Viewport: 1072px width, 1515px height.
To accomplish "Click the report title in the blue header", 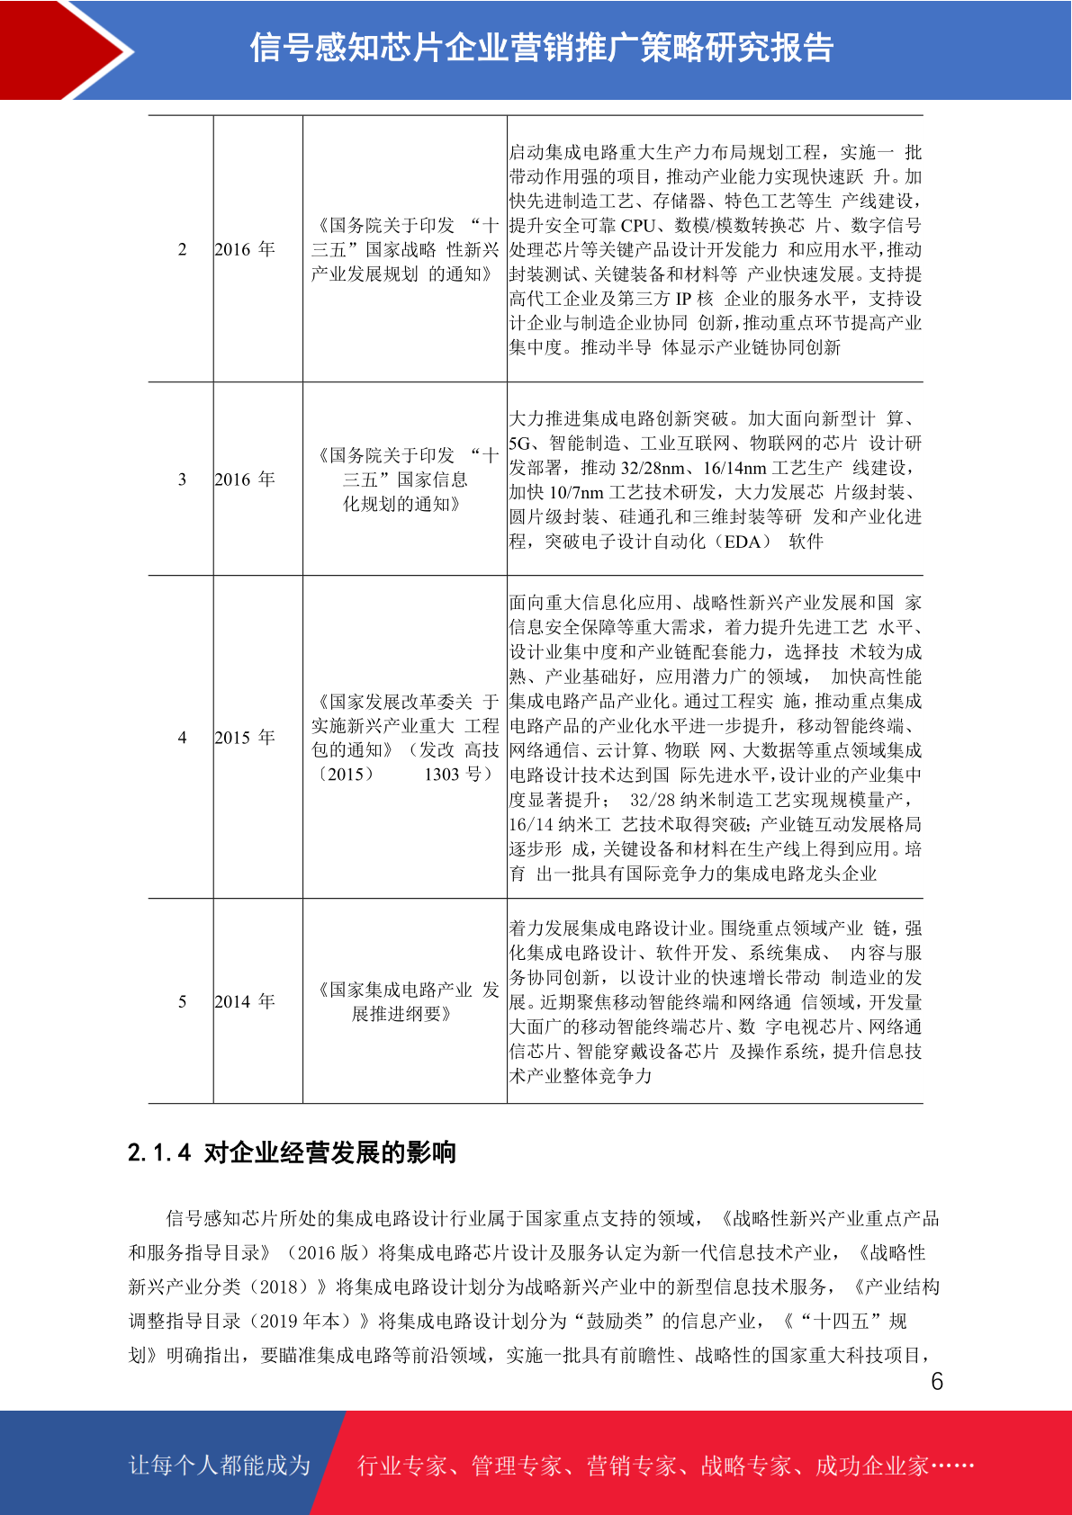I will [x=542, y=48].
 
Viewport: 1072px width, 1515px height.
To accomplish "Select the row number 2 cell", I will [x=182, y=249].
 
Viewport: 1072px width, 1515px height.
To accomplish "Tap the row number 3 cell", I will [x=182, y=480].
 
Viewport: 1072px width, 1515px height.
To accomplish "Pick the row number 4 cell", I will [x=182, y=738].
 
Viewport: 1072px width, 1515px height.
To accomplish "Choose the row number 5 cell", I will [x=182, y=1001].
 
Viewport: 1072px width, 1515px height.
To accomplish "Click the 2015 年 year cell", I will [x=245, y=738].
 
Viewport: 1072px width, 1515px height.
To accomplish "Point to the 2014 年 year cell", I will [x=245, y=1001].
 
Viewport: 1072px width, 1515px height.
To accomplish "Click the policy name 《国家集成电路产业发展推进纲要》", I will [x=404, y=1001].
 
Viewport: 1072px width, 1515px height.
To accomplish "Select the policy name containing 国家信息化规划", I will [x=404, y=480].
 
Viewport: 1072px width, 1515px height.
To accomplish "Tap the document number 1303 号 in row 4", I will [x=458, y=775].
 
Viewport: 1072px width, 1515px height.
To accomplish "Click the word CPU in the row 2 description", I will [x=637, y=226].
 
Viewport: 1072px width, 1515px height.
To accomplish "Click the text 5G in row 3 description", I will [x=520, y=444].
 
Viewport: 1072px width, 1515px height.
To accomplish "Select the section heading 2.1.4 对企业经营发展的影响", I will [x=292, y=1152].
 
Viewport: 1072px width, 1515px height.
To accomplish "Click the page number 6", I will [x=937, y=1382].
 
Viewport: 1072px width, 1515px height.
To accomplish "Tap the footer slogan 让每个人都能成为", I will [x=220, y=1466].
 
